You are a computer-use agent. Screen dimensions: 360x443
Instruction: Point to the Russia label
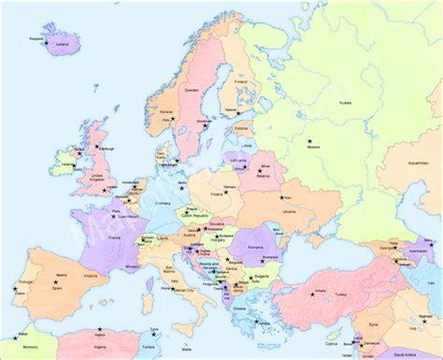[345, 102]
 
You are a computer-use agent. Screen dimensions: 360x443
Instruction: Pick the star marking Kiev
[286, 197]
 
